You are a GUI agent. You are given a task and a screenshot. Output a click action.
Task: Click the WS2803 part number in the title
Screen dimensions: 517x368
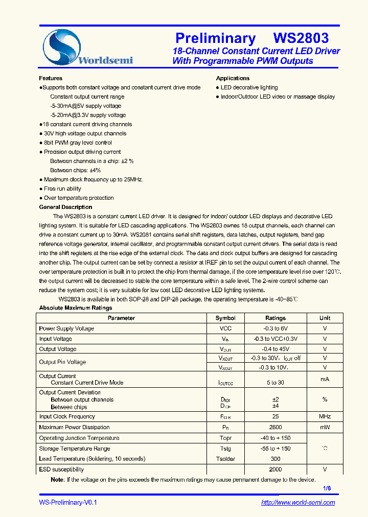(301, 38)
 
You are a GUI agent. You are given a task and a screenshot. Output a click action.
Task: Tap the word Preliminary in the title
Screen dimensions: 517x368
(215, 38)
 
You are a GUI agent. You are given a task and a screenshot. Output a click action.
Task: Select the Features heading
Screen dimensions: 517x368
(51, 78)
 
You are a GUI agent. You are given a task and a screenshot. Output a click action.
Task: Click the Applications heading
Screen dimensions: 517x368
(233, 78)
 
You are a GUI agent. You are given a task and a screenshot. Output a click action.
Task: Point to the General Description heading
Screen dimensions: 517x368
(65, 207)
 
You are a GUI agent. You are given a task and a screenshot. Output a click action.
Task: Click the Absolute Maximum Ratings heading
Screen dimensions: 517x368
(76, 308)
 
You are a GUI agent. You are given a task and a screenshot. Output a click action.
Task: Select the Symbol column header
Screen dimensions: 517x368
(225, 318)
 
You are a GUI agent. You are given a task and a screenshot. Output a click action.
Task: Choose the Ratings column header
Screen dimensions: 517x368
(275, 318)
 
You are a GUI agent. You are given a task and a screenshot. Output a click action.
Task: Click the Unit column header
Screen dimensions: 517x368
(325, 318)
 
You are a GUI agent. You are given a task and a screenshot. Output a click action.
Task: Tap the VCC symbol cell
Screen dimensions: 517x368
(225, 328)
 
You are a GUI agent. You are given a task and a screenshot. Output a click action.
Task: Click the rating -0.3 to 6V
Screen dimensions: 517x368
(275, 328)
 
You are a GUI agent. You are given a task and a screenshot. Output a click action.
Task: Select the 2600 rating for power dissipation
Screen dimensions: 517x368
(275, 427)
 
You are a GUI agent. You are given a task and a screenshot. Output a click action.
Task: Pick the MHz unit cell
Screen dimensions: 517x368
(325, 417)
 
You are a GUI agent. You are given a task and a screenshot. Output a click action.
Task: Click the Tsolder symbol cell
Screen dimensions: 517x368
(225, 459)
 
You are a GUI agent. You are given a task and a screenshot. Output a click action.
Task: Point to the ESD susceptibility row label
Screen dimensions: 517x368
(61, 469)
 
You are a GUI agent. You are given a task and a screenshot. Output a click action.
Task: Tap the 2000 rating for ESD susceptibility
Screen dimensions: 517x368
(275, 469)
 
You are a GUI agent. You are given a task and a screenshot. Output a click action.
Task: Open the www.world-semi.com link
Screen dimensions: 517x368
(298, 503)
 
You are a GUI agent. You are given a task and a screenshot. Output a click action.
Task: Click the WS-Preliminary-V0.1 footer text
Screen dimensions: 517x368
(68, 503)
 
